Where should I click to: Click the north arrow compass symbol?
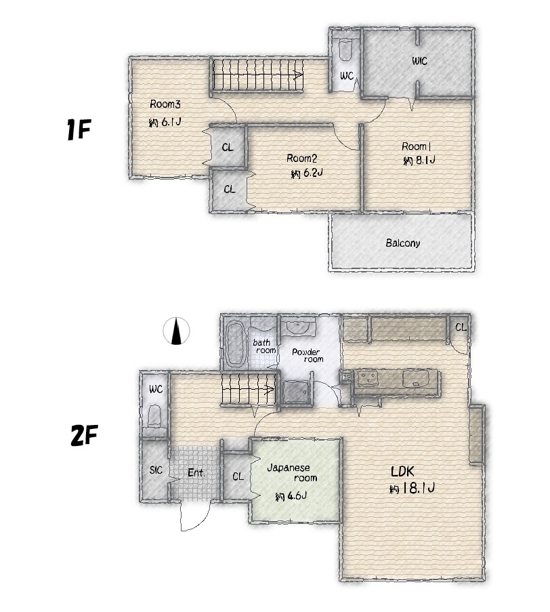point(176,331)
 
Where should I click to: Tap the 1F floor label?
point(79,129)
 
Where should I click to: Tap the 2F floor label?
point(84,435)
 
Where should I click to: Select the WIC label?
point(419,61)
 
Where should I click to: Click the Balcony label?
point(403,243)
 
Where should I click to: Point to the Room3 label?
point(165,104)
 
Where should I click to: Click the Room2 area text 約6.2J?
point(307,173)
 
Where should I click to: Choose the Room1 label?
point(416,147)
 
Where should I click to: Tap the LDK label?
point(402,472)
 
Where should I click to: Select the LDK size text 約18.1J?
point(412,488)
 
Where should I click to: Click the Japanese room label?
point(292,472)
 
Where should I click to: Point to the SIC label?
point(156,470)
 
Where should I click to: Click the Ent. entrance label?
point(196,472)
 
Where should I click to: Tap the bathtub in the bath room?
point(236,344)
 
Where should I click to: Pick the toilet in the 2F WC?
point(155,416)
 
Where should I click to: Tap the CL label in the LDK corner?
point(461,327)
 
